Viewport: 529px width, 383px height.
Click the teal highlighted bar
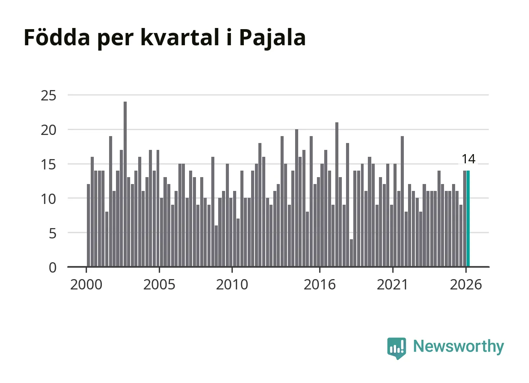point(468,219)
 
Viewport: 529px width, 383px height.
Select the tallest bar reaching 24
point(125,184)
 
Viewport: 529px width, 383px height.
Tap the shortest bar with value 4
point(351,253)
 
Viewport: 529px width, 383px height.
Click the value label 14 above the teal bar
point(469,159)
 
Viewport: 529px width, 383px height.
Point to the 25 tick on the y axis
point(49,96)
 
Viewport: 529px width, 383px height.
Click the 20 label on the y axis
point(49,130)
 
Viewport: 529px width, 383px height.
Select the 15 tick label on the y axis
point(49,164)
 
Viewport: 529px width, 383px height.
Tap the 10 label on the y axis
point(49,199)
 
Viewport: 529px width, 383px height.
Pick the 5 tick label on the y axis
point(53,234)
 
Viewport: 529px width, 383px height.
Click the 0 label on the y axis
point(53,268)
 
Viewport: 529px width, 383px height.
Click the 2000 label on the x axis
point(86,284)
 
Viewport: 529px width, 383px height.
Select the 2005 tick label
point(159,284)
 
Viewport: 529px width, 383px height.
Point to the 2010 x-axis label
point(232,284)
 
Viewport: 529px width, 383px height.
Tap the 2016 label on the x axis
point(320,284)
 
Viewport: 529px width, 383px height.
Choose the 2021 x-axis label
point(393,284)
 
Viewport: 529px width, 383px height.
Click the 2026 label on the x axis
point(466,284)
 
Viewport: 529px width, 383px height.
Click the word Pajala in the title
point(273,38)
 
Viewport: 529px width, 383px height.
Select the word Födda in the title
point(57,37)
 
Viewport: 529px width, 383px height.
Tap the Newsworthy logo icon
point(397,348)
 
